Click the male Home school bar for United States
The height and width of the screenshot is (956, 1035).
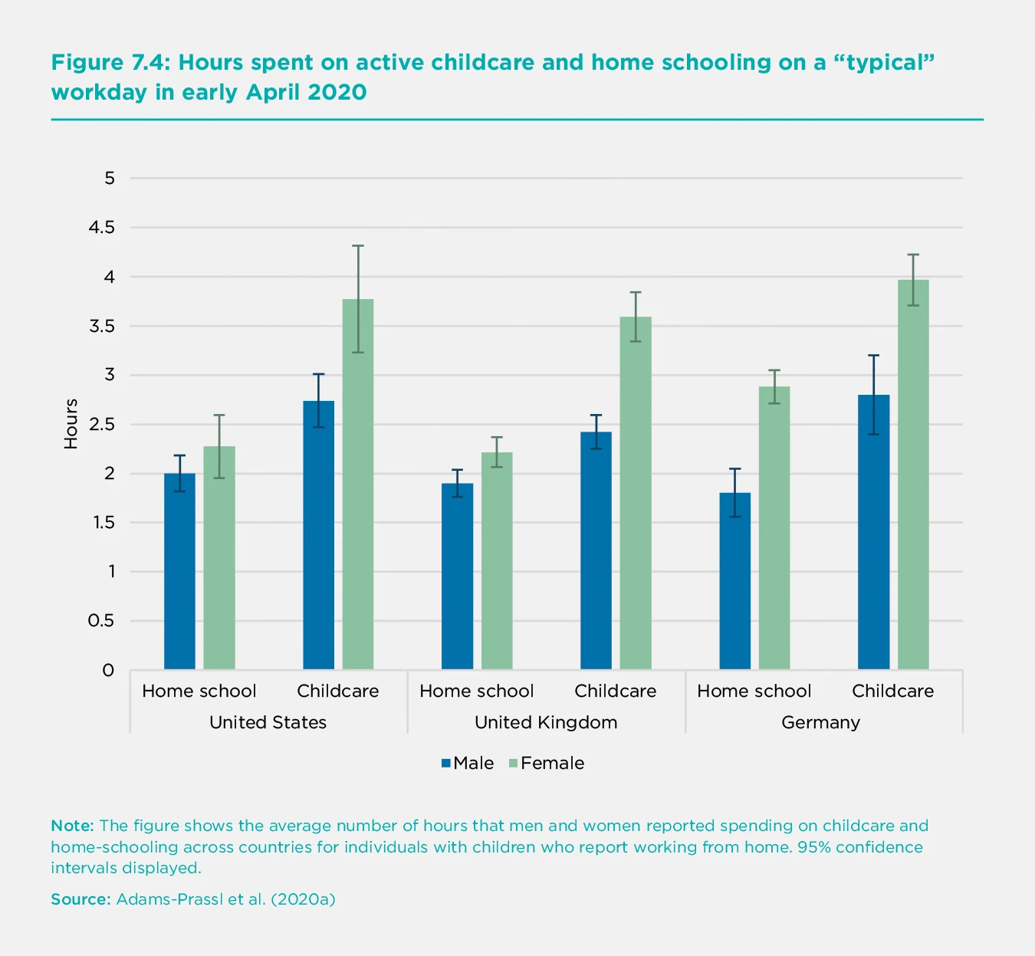coord(179,571)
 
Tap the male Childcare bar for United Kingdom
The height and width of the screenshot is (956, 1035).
coord(596,550)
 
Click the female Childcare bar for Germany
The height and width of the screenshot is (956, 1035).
coord(913,475)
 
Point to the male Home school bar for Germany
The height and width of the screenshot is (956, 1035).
coord(734,581)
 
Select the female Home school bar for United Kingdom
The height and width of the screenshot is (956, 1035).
coord(497,560)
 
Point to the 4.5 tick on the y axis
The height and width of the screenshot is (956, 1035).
coord(101,227)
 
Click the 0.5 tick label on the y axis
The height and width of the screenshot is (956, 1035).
coord(101,620)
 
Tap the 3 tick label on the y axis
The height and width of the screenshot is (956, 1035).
coord(110,375)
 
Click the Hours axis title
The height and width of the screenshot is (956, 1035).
coord(71,424)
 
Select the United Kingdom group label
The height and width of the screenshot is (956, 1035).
coord(546,722)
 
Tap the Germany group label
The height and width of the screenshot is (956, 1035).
coord(820,722)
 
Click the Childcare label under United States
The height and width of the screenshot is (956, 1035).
coord(337,691)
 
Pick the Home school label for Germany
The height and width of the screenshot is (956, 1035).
coord(754,691)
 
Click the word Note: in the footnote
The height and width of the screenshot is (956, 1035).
coord(72,826)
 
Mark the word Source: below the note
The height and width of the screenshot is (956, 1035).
coord(80,899)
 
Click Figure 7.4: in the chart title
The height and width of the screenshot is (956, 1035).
coord(111,63)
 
